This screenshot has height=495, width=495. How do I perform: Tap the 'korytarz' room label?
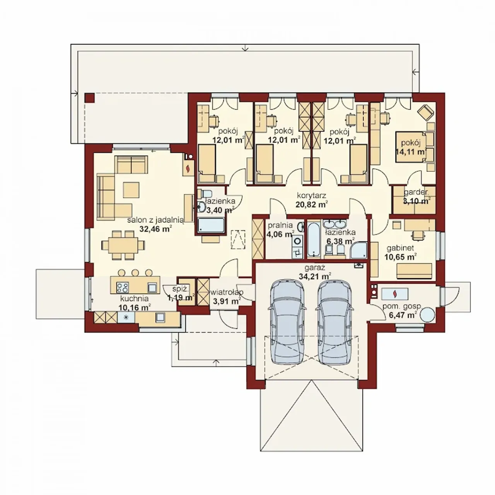click(311, 195)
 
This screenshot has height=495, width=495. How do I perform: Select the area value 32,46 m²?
click(155, 229)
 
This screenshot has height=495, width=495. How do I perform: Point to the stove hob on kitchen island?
click(122, 287)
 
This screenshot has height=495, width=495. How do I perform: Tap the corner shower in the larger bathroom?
click(359, 249)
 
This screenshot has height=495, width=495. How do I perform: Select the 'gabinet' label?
click(400, 248)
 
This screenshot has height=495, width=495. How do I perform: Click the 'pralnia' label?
click(280, 225)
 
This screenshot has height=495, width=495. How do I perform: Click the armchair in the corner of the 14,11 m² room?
click(426, 113)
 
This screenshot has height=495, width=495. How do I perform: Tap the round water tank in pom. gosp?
click(427, 314)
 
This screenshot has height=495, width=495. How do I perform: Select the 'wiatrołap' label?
click(226, 292)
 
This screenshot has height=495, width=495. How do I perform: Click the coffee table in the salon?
click(131, 190)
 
